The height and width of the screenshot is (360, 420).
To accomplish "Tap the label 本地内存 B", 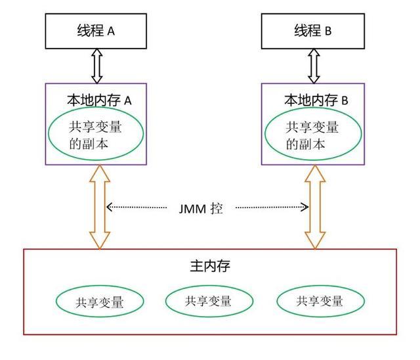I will [x=316, y=100].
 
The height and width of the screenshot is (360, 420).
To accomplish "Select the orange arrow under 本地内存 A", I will [x=100, y=206].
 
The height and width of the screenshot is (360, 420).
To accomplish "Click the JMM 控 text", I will [x=201, y=208].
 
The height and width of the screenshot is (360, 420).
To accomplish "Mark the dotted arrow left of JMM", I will [x=137, y=208].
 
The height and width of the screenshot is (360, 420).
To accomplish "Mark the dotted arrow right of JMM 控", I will [x=272, y=208].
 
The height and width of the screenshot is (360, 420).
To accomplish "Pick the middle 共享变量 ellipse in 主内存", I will [x=208, y=302].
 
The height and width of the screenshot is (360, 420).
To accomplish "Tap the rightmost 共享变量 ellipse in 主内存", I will [x=320, y=302].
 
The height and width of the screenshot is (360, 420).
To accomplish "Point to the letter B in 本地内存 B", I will [x=343, y=101].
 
